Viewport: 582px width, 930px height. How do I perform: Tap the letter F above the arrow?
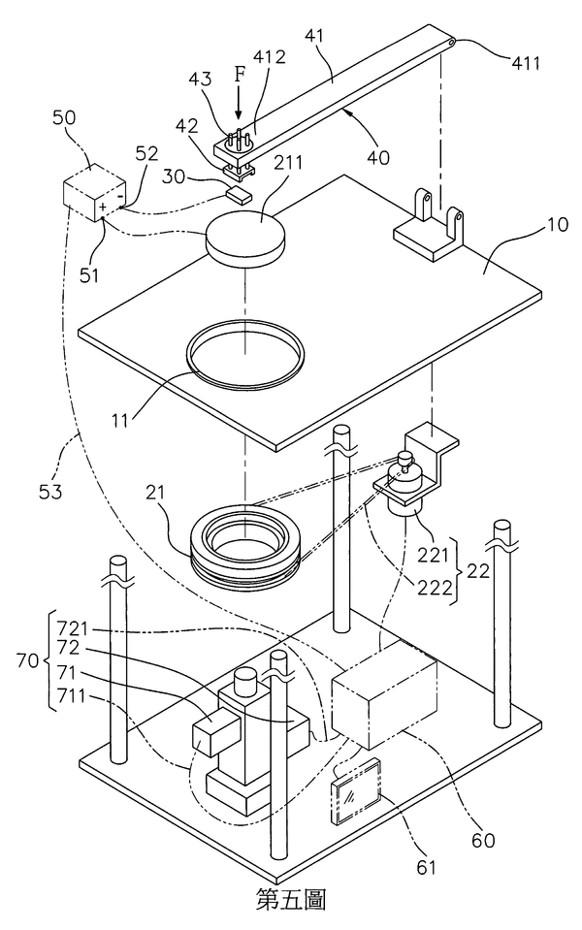[x=239, y=75]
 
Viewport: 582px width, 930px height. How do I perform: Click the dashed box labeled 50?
[x=94, y=193]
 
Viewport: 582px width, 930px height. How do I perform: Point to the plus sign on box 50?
[x=103, y=207]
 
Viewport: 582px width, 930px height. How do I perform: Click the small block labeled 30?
[x=240, y=194]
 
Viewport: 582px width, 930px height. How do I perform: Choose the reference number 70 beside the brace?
[x=28, y=660]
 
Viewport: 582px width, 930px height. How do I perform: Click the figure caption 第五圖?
[x=291, y=900]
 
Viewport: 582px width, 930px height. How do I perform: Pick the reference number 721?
[x=73, y=626]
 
